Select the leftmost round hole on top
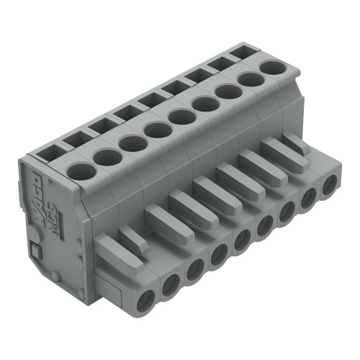81,172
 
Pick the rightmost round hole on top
272,68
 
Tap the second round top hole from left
106,158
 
